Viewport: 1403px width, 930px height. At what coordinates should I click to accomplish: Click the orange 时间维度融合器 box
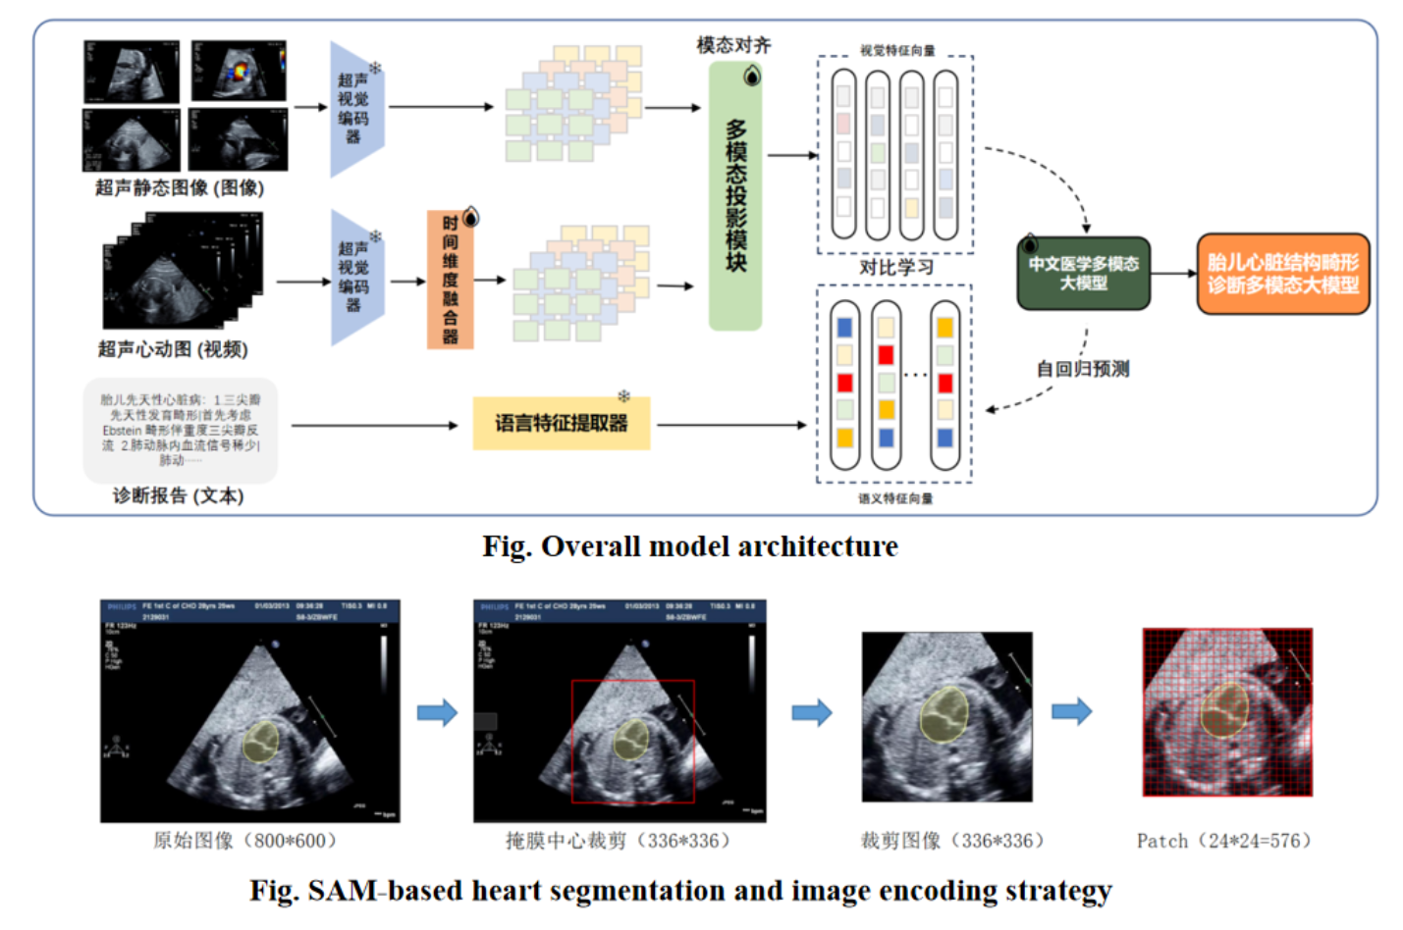coord(450,280)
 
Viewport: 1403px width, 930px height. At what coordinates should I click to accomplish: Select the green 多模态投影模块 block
coord(735,196)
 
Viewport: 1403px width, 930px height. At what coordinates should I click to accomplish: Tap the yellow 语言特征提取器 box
coord(561,424)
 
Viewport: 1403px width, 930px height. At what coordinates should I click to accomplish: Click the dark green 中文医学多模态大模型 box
coord(1083,274)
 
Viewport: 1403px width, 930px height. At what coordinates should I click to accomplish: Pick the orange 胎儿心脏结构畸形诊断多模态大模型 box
coord(1282,274)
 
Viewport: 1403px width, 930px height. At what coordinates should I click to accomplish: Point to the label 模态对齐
coord(733,45)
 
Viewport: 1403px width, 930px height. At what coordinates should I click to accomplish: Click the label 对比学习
coord(895,267)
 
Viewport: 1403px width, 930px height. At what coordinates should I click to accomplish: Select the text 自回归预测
coord(1083,369)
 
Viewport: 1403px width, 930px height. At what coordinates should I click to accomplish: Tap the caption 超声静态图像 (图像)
coord(180,187)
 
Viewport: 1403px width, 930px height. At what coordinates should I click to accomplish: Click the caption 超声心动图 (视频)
coord(173,349)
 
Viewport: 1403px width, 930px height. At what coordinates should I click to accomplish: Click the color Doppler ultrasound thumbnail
coord(239,71)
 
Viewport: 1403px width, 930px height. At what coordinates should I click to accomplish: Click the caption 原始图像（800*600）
coord(244,841)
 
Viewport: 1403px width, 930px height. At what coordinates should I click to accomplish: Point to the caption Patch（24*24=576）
coord(1223,841)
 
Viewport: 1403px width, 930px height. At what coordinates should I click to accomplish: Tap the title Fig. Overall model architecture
coord(689,546)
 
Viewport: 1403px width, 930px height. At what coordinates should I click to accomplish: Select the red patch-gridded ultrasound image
coord(1227,712)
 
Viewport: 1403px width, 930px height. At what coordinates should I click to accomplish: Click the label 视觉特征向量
coord(897,50)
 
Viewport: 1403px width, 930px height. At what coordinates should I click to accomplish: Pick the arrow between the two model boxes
coord(1173,274)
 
